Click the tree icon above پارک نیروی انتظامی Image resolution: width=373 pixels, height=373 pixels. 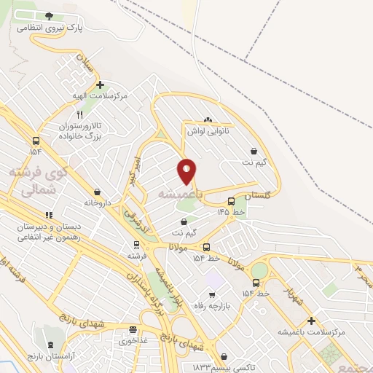point(49,15)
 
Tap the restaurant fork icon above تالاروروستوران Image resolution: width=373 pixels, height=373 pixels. point(80,114)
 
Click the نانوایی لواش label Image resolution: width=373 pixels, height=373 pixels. point(208,131)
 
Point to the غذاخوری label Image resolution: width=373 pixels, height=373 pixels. point(133,340)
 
